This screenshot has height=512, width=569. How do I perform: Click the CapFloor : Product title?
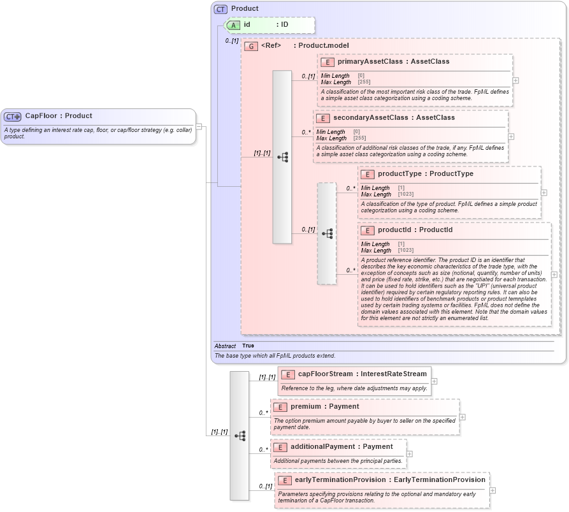(59, 116)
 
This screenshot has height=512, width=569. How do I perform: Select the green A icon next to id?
(234, 25)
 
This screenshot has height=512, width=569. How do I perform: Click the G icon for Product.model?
(251, 46)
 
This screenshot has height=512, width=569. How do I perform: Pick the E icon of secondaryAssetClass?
(323, 118)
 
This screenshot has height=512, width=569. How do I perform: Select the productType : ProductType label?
(425, 173)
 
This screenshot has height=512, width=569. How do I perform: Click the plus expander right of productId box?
(554, 275)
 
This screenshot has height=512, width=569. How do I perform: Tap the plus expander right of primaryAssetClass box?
(515, 80)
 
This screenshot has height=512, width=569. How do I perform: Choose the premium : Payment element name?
(324, 406)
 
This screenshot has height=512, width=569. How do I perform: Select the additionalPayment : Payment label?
(342, 446)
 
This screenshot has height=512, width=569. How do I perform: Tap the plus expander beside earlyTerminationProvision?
(493, 490)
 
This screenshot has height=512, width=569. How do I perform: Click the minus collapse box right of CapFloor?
(199, 126)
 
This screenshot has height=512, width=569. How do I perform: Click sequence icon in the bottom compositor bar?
(240, 436)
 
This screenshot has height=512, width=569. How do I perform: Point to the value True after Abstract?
(248, 346)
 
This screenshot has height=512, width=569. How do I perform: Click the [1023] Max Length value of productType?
(405, 194)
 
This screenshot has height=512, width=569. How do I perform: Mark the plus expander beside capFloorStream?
(434, 381)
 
